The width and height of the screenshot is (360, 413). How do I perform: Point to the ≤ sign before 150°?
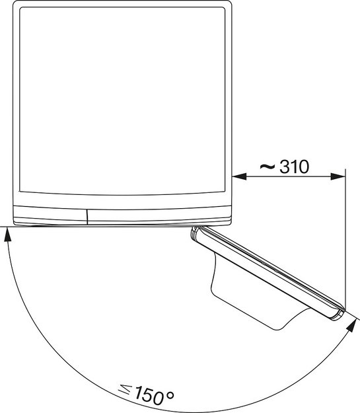124,391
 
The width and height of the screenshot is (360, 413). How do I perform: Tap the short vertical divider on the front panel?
87,215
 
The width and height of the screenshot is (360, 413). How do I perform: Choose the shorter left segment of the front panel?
50,215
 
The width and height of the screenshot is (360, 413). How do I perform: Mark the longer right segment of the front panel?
159,215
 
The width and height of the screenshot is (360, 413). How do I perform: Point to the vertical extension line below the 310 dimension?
345,251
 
